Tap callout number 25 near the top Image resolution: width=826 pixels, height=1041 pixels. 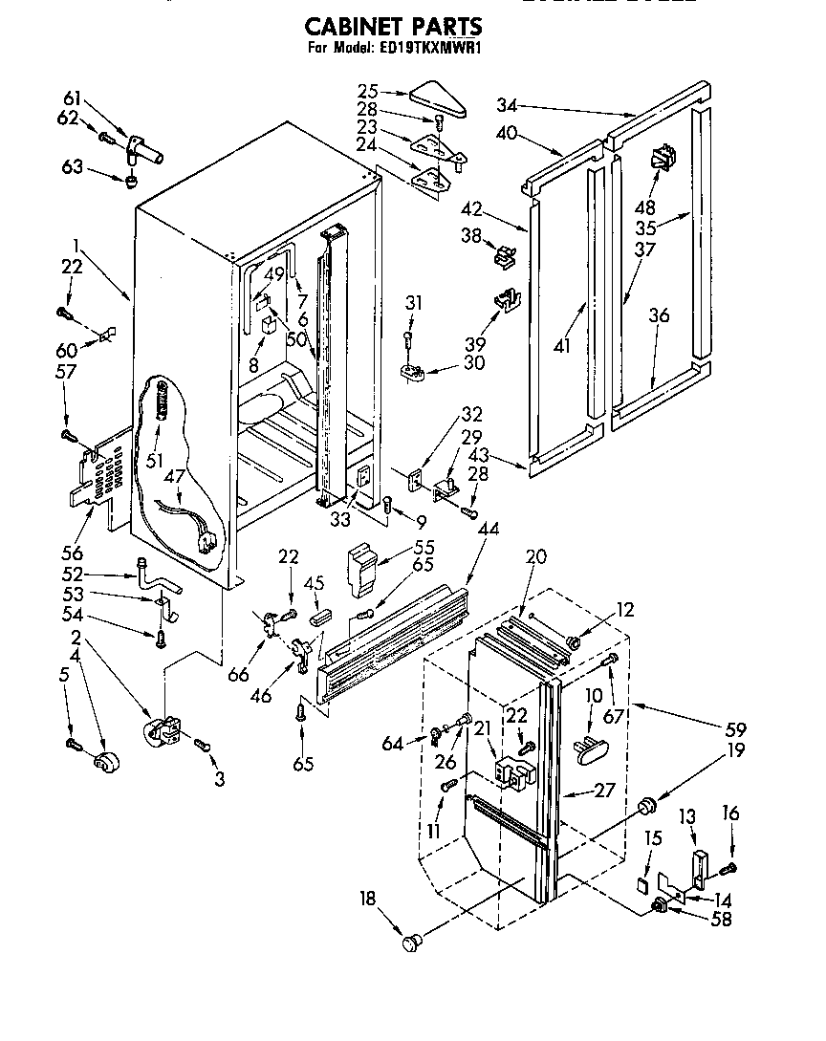point(368,92)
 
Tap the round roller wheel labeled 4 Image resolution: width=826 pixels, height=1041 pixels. point(105,763)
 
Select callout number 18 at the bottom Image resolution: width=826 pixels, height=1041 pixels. point(366,899)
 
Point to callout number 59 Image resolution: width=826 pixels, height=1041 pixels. point(735,729)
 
